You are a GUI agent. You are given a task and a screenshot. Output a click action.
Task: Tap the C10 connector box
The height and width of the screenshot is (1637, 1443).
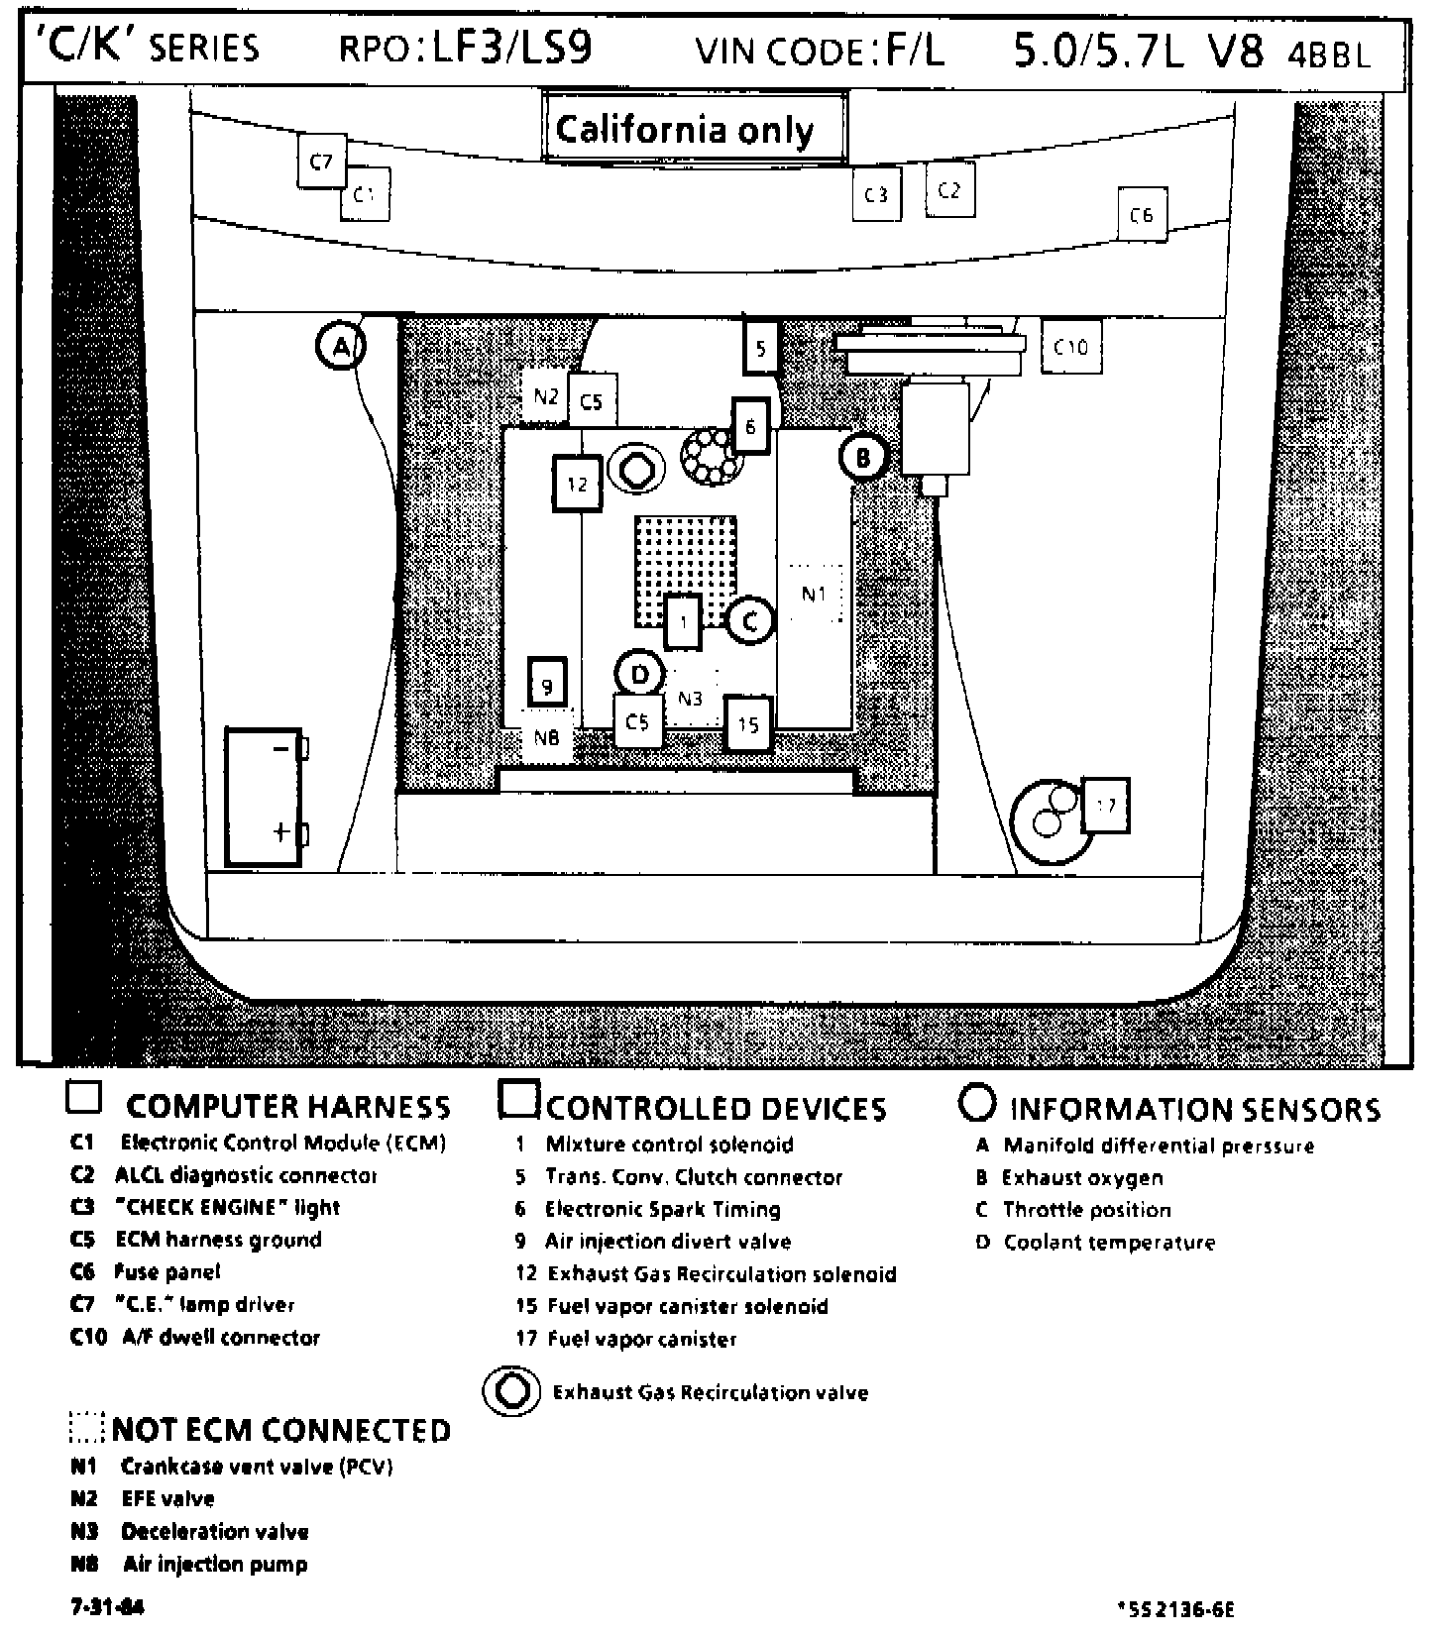(1070, 347)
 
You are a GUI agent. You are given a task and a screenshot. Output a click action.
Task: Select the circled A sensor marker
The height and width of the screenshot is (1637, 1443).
(340, 347)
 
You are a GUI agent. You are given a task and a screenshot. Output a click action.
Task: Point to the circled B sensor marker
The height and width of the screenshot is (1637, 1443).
(863, 458)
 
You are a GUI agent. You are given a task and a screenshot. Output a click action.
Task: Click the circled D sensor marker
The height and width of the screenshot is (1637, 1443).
(640, 675)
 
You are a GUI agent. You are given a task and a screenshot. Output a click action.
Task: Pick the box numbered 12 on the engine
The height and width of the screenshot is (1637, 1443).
(577, 484)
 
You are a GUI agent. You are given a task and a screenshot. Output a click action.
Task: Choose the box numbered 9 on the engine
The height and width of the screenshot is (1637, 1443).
(546, 685)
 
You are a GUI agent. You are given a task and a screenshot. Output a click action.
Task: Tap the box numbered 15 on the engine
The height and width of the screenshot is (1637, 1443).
(748, 724)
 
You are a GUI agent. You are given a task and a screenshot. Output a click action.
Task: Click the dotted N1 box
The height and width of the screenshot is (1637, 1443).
(814, 594)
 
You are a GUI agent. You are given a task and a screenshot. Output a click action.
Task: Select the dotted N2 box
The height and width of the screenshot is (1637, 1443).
(545, 396)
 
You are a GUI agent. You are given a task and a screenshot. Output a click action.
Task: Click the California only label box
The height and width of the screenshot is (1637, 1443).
(694, 129)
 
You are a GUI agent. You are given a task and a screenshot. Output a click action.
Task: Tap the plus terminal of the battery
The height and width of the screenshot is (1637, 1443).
(282, 830)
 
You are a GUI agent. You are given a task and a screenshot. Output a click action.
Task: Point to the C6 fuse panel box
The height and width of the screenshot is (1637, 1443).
(1142, 214)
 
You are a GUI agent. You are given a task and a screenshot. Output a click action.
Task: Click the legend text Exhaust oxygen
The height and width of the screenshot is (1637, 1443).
(1082, 1178)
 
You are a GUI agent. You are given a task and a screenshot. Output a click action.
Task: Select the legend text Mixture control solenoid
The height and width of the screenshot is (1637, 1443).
(669, 1145)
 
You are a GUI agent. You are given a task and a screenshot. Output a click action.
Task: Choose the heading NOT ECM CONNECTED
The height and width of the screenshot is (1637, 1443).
(281, 1430)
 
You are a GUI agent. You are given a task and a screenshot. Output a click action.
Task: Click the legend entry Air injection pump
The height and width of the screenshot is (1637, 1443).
(215, 1565)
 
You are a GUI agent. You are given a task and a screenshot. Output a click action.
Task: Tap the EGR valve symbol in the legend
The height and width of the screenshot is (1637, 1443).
(512, 1391)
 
